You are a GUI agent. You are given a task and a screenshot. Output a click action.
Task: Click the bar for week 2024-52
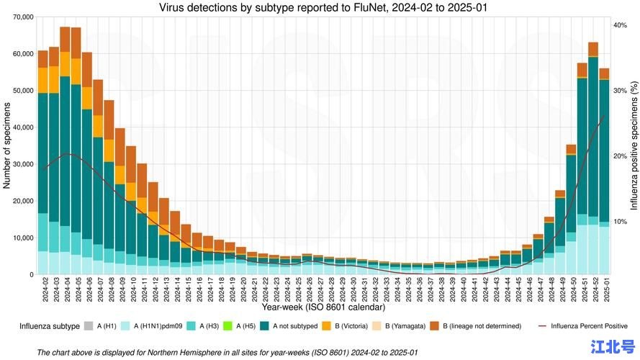point(593,158)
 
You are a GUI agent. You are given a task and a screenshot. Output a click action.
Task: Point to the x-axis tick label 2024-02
point(43,292)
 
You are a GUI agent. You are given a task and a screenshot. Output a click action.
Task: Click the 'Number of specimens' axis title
point(6,145)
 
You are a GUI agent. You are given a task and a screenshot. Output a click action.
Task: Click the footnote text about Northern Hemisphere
point(227,352)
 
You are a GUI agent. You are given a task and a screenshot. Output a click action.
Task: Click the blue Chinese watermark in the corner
point(611,346)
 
